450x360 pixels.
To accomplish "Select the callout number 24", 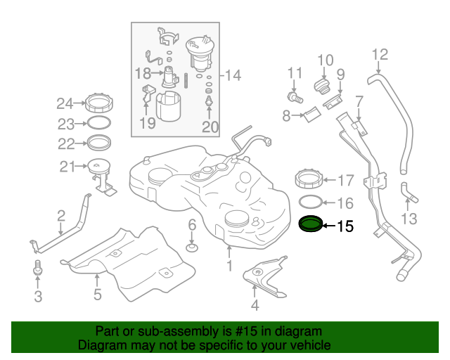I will pyautogui.click(x=65, y=105).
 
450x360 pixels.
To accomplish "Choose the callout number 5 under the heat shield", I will pyautogui.click(x=98, y=295).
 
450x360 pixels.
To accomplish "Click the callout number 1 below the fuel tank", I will pyautogui.click(x=229, y=266).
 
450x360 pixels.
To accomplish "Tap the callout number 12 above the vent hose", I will pyautogui.click(x=379, y=54).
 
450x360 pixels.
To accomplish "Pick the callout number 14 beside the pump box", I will pyautogui.click(x=232, y=75).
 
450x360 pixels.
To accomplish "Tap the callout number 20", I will pyautogui.click(x=210, y=127).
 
